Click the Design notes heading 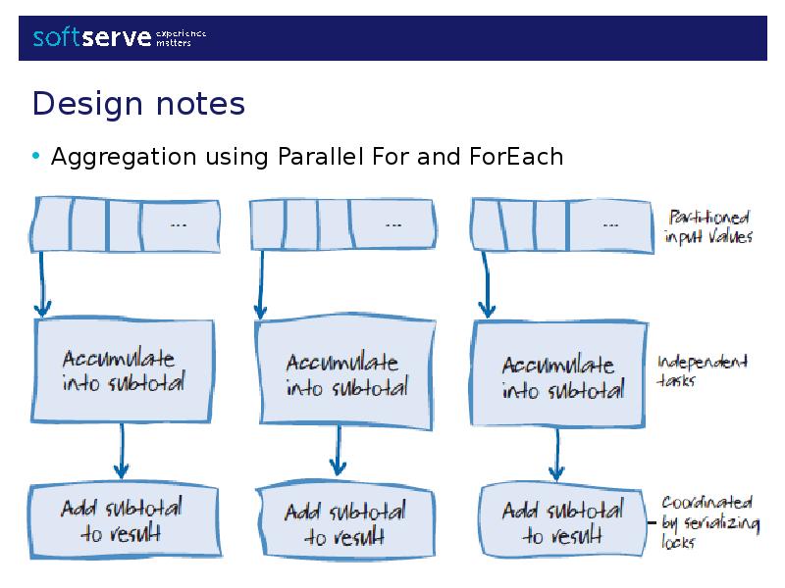(138, 103)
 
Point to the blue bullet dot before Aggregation (36, 156)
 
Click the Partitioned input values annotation (709, 226)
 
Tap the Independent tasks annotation (702, 369)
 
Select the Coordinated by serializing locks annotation (708, 521)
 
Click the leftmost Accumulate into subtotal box (124, 370)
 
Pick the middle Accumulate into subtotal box (343, 375)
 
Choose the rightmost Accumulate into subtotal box (560, 377)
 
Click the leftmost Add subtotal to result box (122, 520)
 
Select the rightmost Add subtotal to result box (561, 523)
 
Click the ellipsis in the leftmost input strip (179, 224)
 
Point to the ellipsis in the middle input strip (392, 224)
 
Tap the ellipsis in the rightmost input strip (609, 224)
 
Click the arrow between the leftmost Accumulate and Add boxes (121, 452)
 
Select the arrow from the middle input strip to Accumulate (260, 284)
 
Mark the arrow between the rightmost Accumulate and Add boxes (555, 456)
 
